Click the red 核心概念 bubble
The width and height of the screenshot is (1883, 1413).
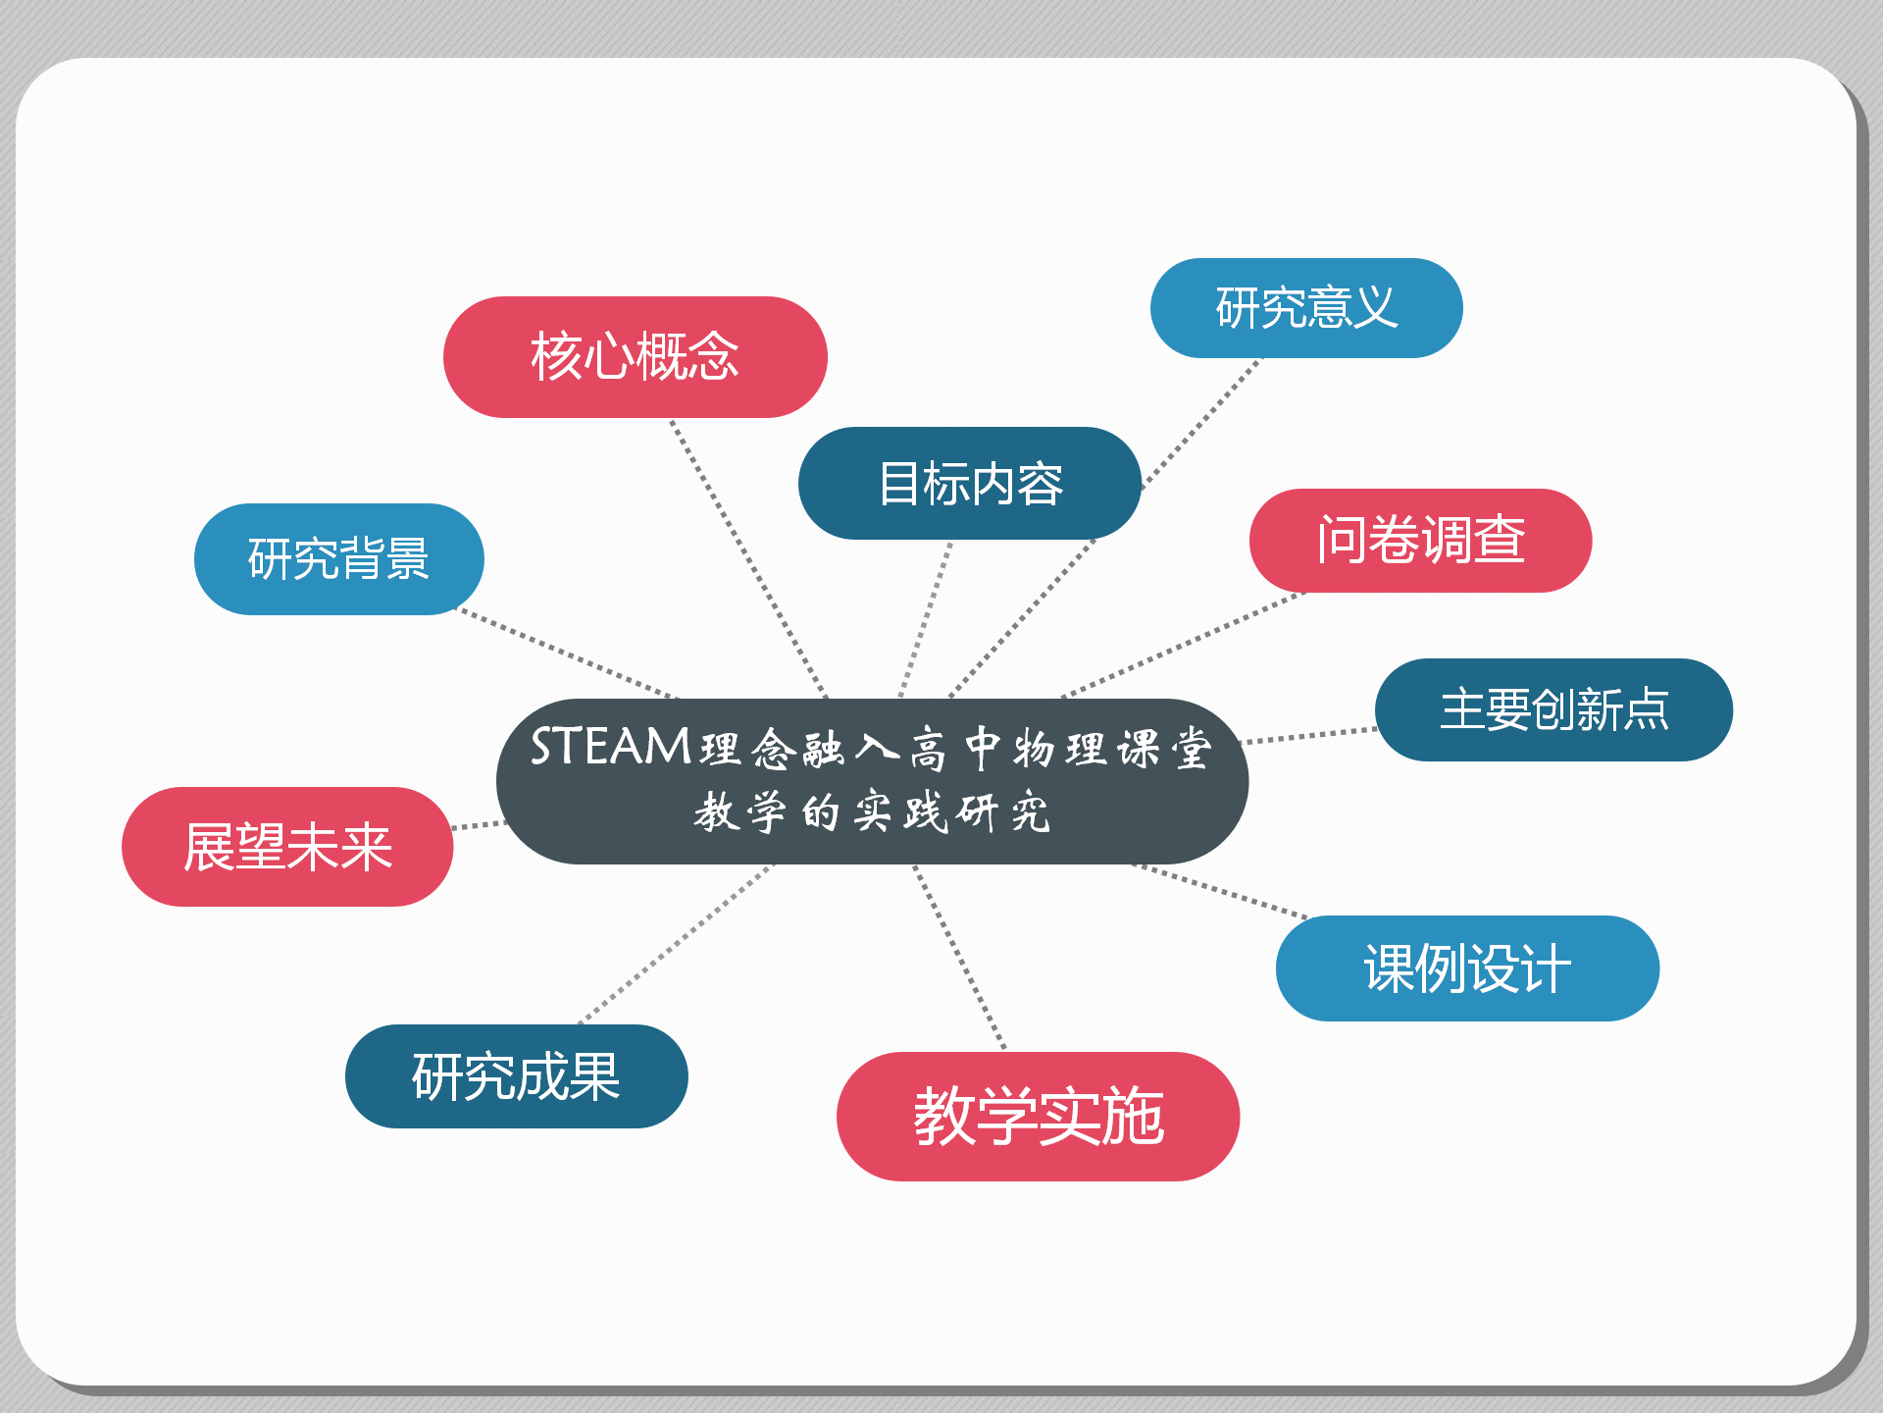pyautogui.click(x=635, y=357)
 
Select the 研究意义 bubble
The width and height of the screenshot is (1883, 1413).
pyautogui.click(x=1305, y=308)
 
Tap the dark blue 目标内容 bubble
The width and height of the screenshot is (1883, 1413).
pyautogui.click(x=969, y=484)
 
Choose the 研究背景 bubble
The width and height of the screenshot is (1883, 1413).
pyautogui.click(x=338, y=559)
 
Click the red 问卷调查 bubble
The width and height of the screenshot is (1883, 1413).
pyautogui.click(x=1419, y=541)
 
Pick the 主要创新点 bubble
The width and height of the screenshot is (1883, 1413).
pyautogui.click(x=1552, y=709)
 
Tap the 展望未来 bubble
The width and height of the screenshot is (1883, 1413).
pyautogui.click(x=287, y=847)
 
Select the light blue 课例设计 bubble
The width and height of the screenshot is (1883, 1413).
pyautogui.click(x=1466, y=968)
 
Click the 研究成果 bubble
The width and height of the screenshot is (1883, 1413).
pyautogui.click(x=516, y=1076)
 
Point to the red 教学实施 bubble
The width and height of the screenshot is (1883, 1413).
pyautogui.click(x=1038, y=1117)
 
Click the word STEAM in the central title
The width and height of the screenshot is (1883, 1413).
pyautogui.click(x=610, y=748)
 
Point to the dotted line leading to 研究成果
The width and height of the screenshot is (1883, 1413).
pyautogui.click(x=677, y=944)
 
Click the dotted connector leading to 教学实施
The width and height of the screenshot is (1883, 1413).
pyautogui.click(x=959, y=957)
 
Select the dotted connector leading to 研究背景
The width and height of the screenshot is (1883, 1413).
pyautogui.click(x=569, y=654)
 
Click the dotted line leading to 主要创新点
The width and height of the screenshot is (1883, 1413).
pyautogui.click(x=1309, y=736)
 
